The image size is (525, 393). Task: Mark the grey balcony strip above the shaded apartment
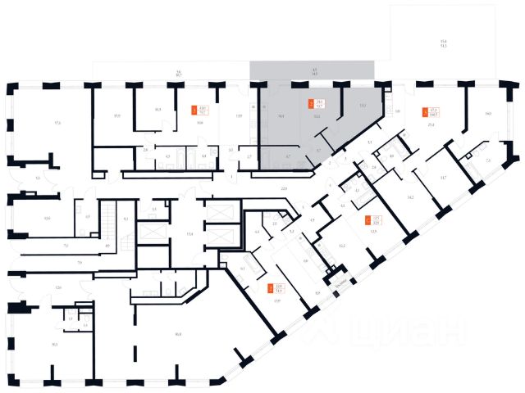click(312, 70)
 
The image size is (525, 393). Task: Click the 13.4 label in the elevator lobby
click(189, 233)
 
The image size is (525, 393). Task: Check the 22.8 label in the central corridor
click(284, 188)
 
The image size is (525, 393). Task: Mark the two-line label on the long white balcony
click(177, 74)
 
